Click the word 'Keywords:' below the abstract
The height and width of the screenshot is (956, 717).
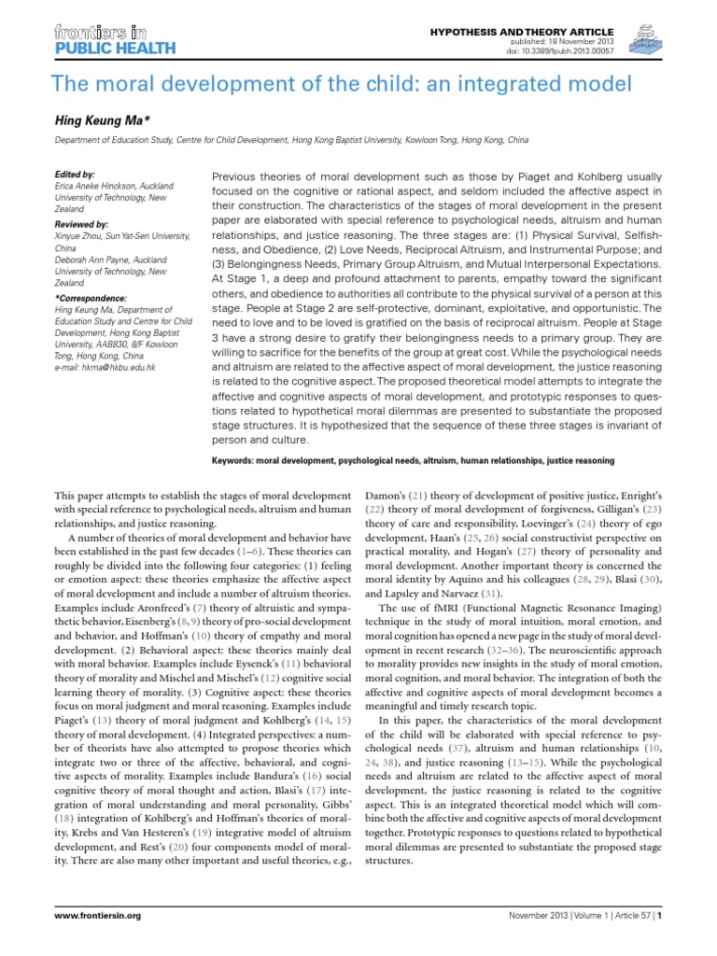tap(241, 460)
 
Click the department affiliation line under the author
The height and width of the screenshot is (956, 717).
tap(292, 139)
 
